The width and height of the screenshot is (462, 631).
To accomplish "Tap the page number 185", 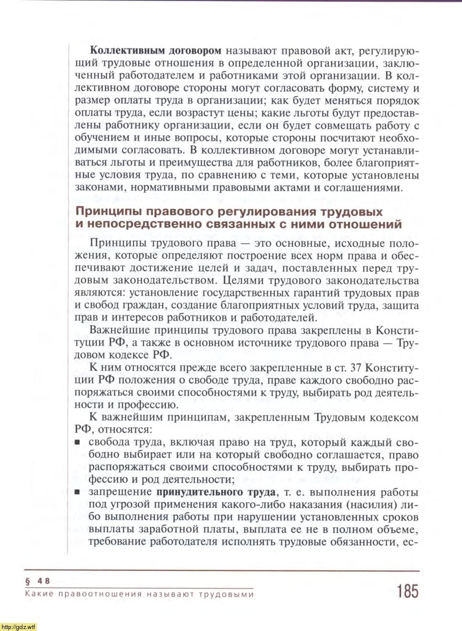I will click(x=408, y=591).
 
